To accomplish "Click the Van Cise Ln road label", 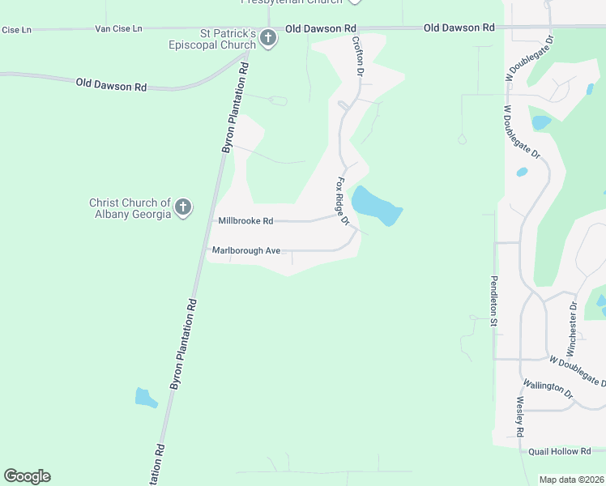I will click(118, 28).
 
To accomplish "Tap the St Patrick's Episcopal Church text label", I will click(228, 39).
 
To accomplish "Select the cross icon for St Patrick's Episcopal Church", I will click(268, 38).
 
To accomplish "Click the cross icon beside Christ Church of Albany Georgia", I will click(183, 207).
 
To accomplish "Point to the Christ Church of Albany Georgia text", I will click(130, 208).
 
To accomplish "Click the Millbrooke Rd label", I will click(245, 220).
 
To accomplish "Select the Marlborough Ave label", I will click(245, 250).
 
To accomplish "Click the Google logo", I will click(27, 476).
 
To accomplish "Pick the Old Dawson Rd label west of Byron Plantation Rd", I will click(111, 84).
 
